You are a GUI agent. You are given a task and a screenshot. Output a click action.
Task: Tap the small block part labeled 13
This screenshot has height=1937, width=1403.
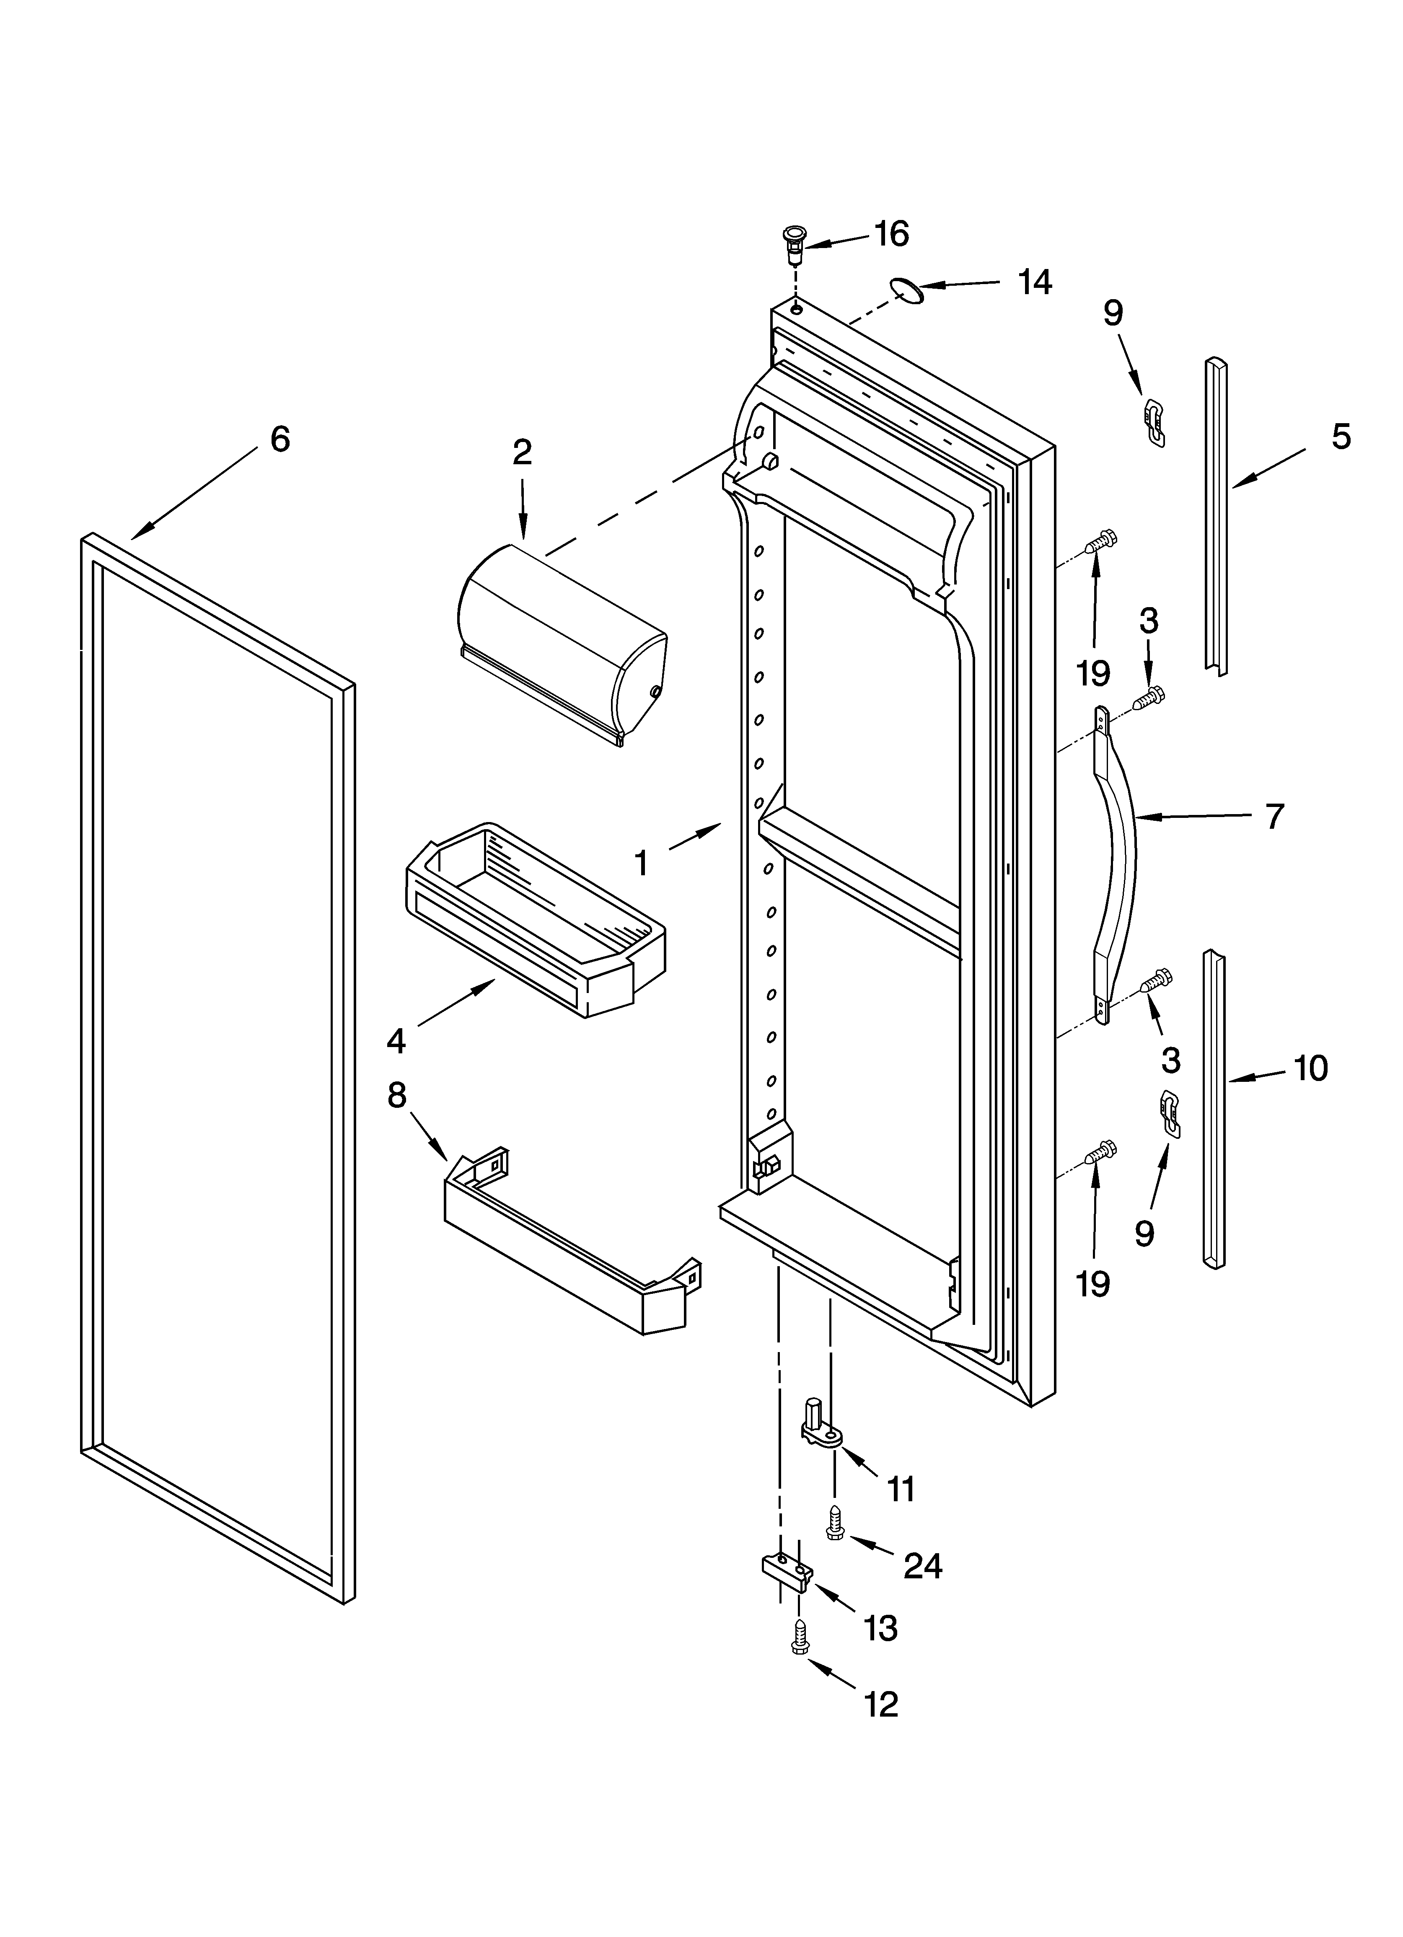(786, 1573)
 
